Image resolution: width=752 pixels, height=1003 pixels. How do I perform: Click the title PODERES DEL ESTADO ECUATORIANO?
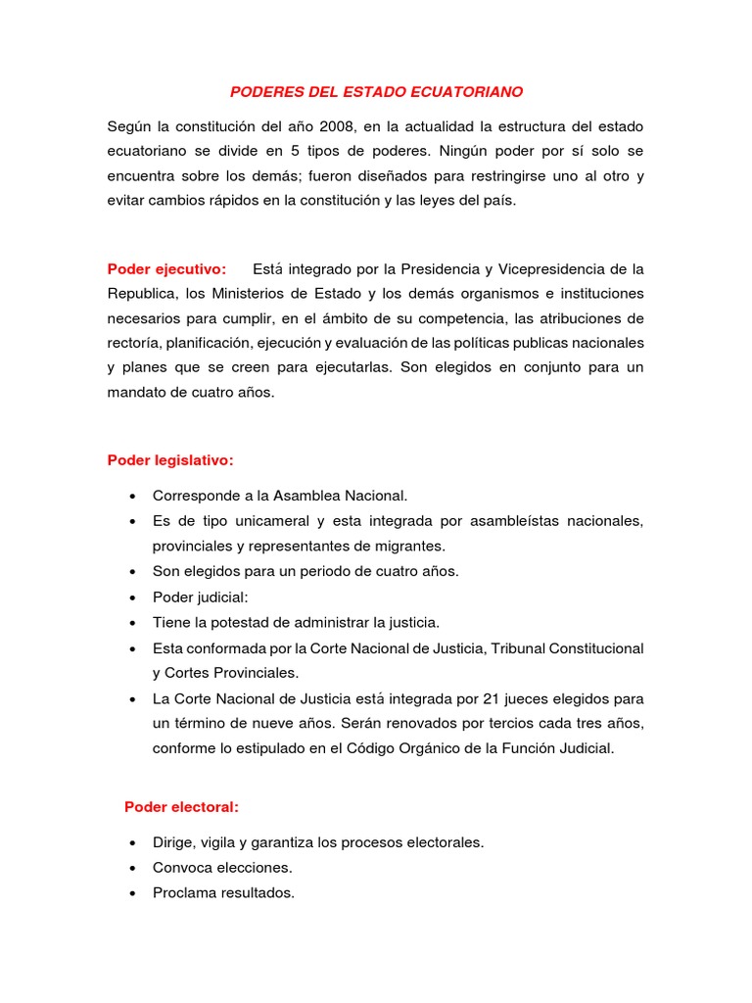pyautogui.click(x=376, y=92)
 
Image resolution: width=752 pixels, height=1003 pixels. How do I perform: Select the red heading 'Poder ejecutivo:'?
pyautogui.click(x=166, y=269)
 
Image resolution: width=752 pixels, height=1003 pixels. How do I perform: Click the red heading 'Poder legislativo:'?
pyautogui.click(x=170, y=460)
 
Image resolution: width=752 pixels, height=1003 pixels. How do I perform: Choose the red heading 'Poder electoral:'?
pyautogui.click(x=181, y=807)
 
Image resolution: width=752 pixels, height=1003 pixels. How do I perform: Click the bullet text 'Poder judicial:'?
pyautogui.click(x=200, y=597)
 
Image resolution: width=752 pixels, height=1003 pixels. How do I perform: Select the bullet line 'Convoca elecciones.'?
pyautogui.click(x=222, y=868)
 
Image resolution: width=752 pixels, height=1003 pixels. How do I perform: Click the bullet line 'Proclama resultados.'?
pyautogui.click(x=223, y=893)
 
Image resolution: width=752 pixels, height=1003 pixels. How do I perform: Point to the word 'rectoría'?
pyautogui.click(x=134, y=343)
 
